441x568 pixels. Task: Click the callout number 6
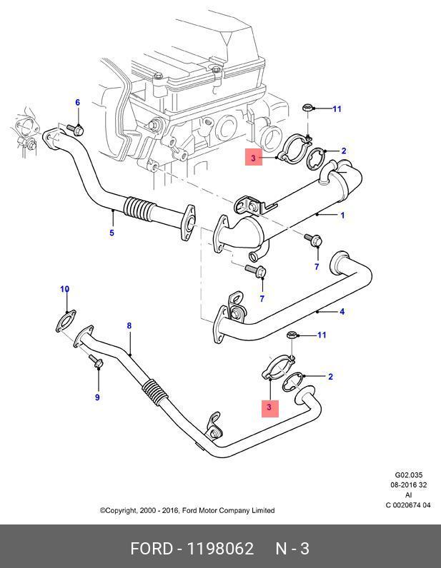click(78, 103)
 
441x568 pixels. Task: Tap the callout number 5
click(112, 233)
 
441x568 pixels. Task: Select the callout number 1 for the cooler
click(343, 215)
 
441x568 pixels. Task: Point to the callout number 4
click(342, 311)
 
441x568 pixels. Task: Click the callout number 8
click(129, 326)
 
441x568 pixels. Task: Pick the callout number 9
click(97, 397)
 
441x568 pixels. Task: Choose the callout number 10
click(64, 289)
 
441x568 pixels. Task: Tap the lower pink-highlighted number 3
click(269, 407)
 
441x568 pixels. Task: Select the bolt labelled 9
click(98, 365)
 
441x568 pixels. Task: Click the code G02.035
click(410, 475)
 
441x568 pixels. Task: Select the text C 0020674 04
click(409, 505)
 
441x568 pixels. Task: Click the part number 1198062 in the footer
click(220, 549)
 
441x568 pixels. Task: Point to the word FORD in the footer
click(152, 549)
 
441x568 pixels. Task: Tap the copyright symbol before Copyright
click(102, 510)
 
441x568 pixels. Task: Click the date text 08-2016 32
click(409, 485)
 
